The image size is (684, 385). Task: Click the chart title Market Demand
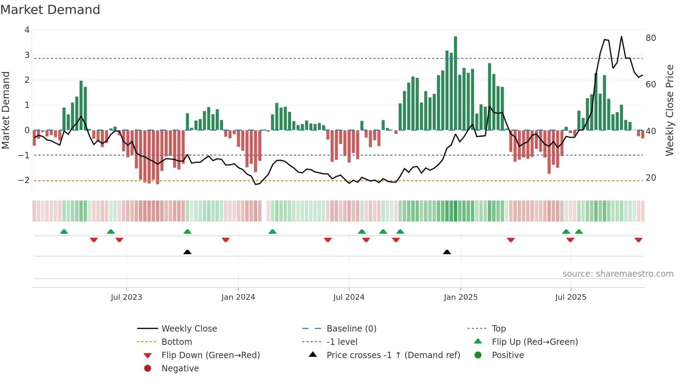(x=50, y=10)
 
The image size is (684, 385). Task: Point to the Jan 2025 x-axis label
(x=460, y=297)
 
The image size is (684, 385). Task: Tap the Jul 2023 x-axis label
(x=126, y=297)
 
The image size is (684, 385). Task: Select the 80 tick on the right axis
(x=650, y=38)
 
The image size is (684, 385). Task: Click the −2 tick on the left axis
(x=24, y=180)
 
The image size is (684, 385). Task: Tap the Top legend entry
(x=498, y=329)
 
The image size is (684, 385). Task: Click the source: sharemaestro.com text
(x=618, y=274)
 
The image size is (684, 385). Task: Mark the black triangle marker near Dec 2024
(x=447, y=252)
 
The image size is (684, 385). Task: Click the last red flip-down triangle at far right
(x=638, y=240)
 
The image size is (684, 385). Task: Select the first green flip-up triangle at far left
(x=64, y=232)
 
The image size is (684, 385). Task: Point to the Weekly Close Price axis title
(x=669, y=110)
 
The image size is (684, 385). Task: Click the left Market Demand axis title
(x=6, y=110)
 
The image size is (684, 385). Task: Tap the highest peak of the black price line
(x=621, y=37)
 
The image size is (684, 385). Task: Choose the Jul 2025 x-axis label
(x=571, y=297)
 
